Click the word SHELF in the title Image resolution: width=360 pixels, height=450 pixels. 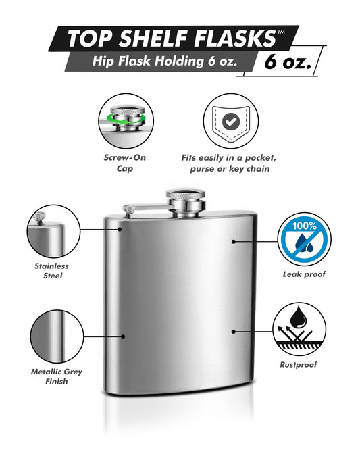153,39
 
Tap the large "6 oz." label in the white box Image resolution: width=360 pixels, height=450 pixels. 288,61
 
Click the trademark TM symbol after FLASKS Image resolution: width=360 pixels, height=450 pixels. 281,32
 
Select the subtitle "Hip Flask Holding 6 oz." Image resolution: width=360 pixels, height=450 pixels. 165,61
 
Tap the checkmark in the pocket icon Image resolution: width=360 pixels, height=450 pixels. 231,122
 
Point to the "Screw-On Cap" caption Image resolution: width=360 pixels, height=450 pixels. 125,163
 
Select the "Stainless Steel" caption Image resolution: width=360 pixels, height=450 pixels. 52,271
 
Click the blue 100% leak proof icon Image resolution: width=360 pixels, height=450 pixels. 305,239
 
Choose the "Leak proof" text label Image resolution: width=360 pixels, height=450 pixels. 304,274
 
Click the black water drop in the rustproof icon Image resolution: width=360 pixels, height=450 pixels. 298,317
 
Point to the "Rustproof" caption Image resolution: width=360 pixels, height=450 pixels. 299,364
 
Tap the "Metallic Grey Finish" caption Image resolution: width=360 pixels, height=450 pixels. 57,376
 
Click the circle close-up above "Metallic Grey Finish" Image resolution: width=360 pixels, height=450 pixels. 57,336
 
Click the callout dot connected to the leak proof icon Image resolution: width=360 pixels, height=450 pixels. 234,242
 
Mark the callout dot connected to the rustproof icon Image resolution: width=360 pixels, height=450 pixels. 234,332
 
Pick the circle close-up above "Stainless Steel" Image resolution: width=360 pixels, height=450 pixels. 53,231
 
